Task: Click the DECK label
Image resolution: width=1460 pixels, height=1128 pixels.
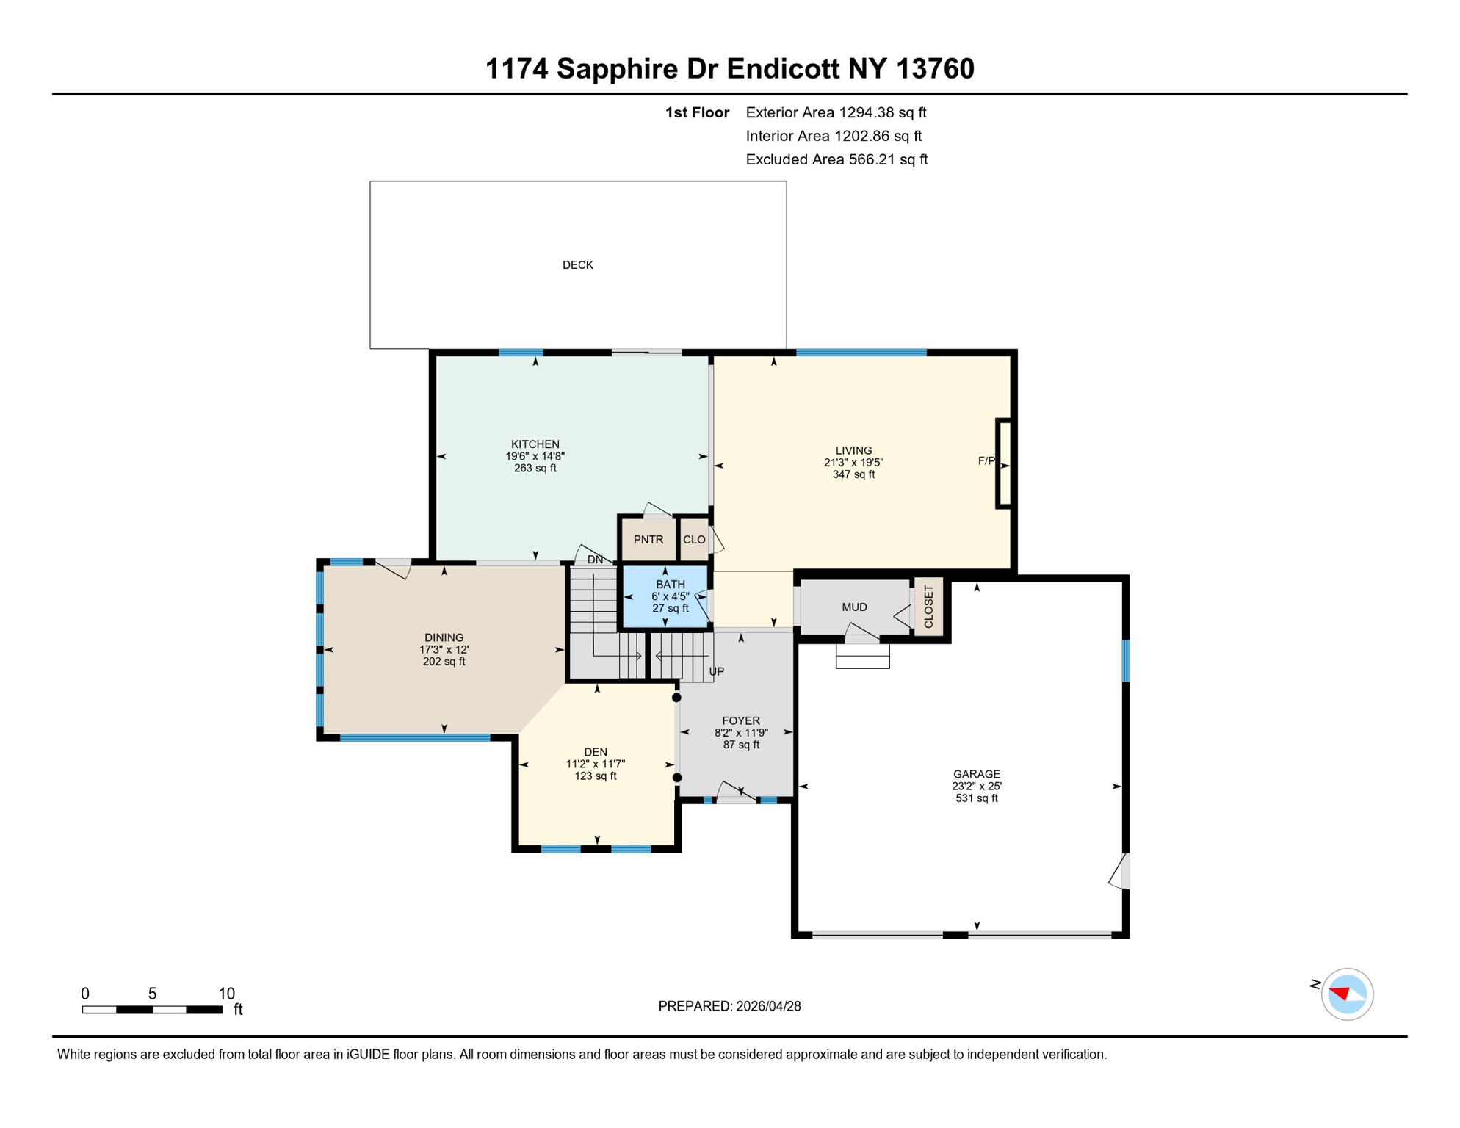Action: pyautogui.click(x=577, y=265)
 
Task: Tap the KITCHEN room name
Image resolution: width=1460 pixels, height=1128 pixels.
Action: pyautogui.click(x=535, y=444)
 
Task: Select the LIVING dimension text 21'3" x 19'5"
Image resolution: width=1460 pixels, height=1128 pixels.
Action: pyautogui.click(x=853, y=463)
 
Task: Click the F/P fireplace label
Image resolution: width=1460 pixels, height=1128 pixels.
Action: pyautogui.click(x=986, y=461)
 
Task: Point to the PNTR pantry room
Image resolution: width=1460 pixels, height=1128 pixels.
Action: pyautogui.click(x=648, y=540)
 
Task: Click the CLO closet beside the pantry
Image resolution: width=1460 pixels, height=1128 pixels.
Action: pyautogui.click(x=694, y=540)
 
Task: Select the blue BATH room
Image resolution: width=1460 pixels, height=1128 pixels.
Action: pyautogui.click(x=667, y=596)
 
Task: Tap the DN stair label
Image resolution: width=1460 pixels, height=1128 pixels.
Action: pyautogui.click(x=595, y=560)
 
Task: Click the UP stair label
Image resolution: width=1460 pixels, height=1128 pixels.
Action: pyautogui.click(x=717, y=671)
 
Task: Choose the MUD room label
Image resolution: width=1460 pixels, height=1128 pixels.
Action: pyautogui.click(x=854, y=607)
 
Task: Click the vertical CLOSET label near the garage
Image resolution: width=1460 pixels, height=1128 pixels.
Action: pyautogui.click(x=928, y=607)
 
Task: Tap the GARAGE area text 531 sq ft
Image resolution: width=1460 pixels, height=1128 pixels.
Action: pyautogui.click(x=976, y=798)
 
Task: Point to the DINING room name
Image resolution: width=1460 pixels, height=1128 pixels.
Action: pyautogui.click(x=444, y=637)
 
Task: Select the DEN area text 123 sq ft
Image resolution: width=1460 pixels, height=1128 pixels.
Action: pyautogui.click(x=595, y=776)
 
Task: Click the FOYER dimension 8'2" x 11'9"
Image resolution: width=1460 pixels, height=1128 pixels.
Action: pyautogui.click(x=740, y=733)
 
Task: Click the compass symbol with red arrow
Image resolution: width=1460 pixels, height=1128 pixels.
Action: pyautogui.click(x=1346, y=994)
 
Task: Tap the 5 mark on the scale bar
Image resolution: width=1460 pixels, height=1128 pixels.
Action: pyautogui.click(x=152, y=994)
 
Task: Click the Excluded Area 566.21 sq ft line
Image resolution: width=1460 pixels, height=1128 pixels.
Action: pyautogui.click(x=836, y=159)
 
